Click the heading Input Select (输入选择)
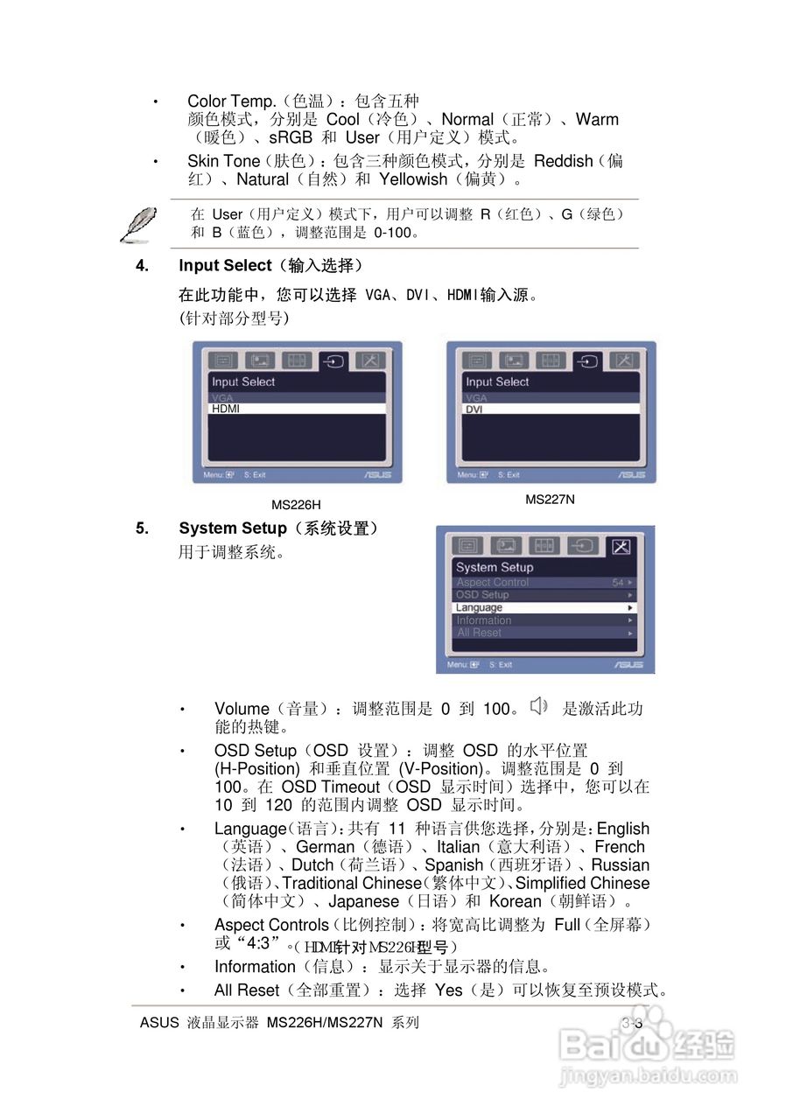270,265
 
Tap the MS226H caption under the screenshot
296,505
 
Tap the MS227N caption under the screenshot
550,500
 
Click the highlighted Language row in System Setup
544,607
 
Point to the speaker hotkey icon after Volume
539,706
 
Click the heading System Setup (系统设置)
278,528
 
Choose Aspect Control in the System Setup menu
493,583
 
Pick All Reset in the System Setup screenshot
480,633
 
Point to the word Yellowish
412,179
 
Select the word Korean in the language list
515,901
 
